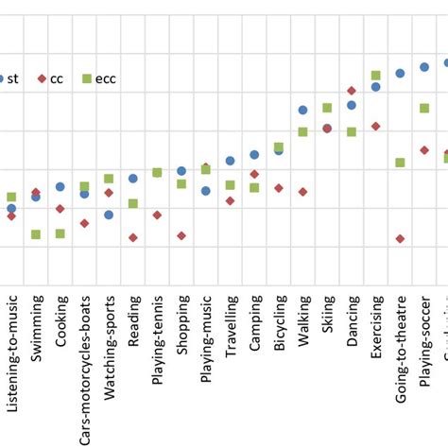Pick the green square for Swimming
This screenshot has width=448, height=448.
(x=36, y=234)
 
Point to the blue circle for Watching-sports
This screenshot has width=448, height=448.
(x=109, y=215)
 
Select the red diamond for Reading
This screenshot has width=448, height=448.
(x=133, y=237)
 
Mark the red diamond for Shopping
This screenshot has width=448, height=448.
(x=181, y=235)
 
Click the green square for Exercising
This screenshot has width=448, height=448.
(x=375, y=76)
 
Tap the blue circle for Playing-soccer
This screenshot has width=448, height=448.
(x=424, y=66)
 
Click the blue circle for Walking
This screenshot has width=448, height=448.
(x=302, y=111)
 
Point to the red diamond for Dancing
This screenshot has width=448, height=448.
(x=352, y=91)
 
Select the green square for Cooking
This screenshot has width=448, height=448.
(x=60, y=233)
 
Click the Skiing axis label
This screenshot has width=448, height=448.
(x=327, y=316)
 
